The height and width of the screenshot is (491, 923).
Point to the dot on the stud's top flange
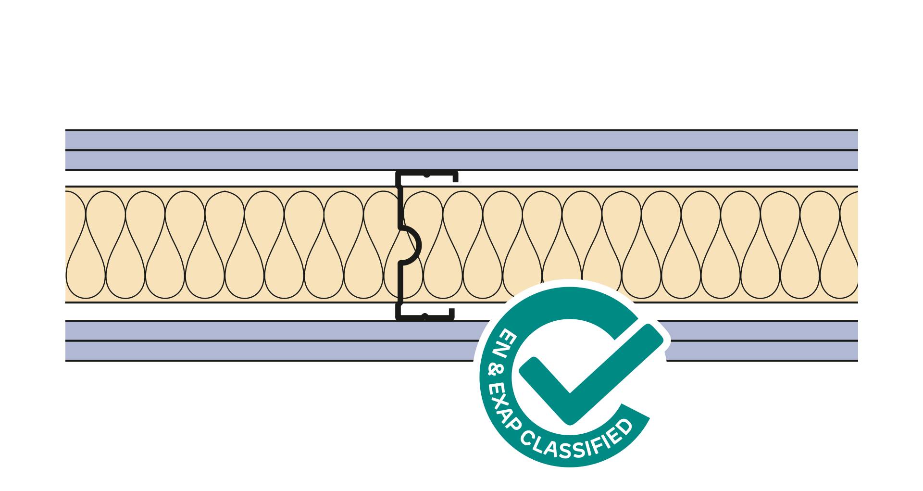point(426,176)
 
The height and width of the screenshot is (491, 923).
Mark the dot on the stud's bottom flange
point(424,315)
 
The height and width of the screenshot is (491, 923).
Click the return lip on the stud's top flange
point(455,176)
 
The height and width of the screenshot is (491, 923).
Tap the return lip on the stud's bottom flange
point(452,314)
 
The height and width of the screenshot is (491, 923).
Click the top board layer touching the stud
point(288,160)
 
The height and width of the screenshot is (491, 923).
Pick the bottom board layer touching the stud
point(288,330)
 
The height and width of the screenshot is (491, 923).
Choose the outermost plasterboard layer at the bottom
point(288,351)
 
